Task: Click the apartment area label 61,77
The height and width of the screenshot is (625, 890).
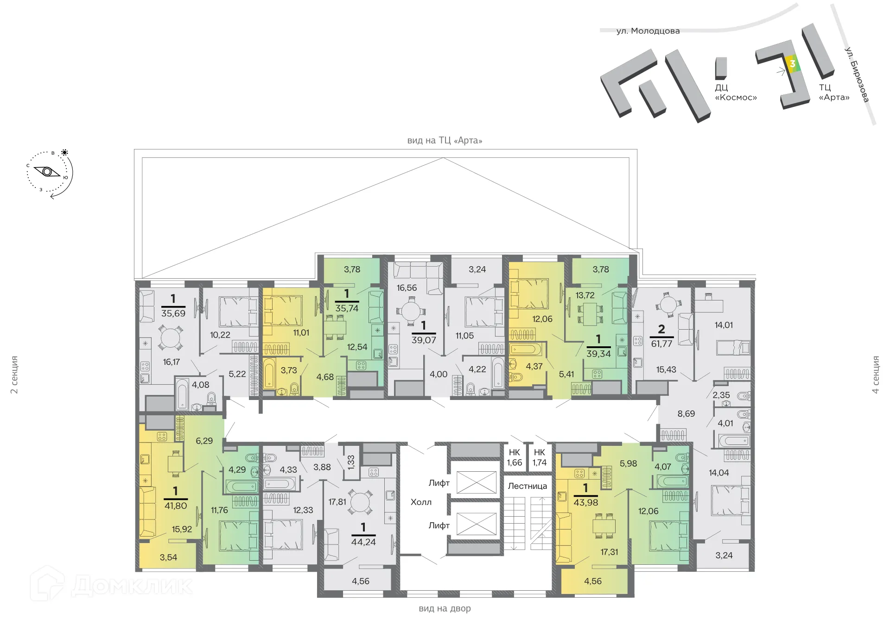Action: [x=661, y=344]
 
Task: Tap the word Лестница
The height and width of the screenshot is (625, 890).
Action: [x=527, y=486]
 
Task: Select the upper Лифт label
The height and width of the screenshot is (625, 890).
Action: [x=439, y=483]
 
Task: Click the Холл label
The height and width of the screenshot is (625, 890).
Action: [x=421, y=502]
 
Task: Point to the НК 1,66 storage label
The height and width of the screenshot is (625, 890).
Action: [x=514, y=457]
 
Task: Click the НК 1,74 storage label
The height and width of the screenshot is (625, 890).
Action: [x=540, y=457]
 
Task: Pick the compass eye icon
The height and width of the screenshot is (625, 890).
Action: [x=47, y=172]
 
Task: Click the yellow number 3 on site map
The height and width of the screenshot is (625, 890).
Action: [x=792, y=64]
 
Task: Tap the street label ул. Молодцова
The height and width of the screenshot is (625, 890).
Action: [x=648, y=31]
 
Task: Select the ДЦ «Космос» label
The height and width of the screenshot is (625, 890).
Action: [x=736, y=93]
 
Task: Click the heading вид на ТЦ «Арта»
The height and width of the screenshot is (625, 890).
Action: [x=445, y=140]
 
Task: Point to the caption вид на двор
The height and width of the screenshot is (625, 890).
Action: [x=445, y=608]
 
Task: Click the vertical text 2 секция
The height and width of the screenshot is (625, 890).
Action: [x=14, y=375]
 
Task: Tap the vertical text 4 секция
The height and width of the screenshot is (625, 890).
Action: [x=876, y=375]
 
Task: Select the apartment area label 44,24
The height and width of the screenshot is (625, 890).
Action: [x=363, y=542]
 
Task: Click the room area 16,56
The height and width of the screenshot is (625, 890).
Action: [x=407, y=288]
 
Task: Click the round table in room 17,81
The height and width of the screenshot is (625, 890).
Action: [x=360, y=502]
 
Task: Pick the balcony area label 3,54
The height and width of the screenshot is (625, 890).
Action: [x=168, y=557]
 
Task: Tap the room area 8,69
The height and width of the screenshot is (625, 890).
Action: [x=686, y=413]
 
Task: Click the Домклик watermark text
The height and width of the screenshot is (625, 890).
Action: [x=132, y=586]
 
